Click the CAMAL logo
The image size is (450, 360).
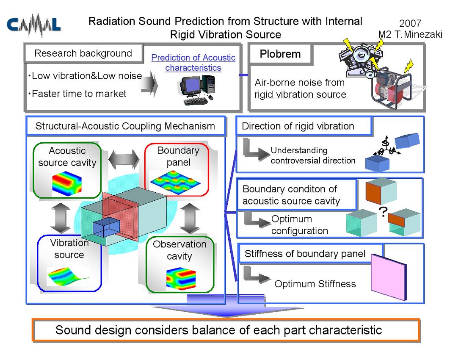(33, 25)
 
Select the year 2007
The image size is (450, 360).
(410, 23)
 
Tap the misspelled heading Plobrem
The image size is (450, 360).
(280, 54)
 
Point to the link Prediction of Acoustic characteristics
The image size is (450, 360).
(193, 63)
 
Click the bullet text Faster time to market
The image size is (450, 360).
(79, 94)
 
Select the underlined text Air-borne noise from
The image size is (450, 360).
(300, 83)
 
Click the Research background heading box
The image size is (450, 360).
(83, 53)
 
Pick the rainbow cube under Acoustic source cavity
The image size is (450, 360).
(67, 184)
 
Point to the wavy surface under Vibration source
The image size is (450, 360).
(68, 277)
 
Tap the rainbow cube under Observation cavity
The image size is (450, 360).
(181, 278)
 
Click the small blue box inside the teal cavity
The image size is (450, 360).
(106, 227)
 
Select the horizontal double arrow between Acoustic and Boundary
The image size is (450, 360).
(124, 159)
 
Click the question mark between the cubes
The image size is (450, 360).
(383, 212)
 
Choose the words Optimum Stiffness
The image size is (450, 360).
(315, 284)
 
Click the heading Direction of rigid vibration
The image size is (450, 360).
(298, 126)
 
